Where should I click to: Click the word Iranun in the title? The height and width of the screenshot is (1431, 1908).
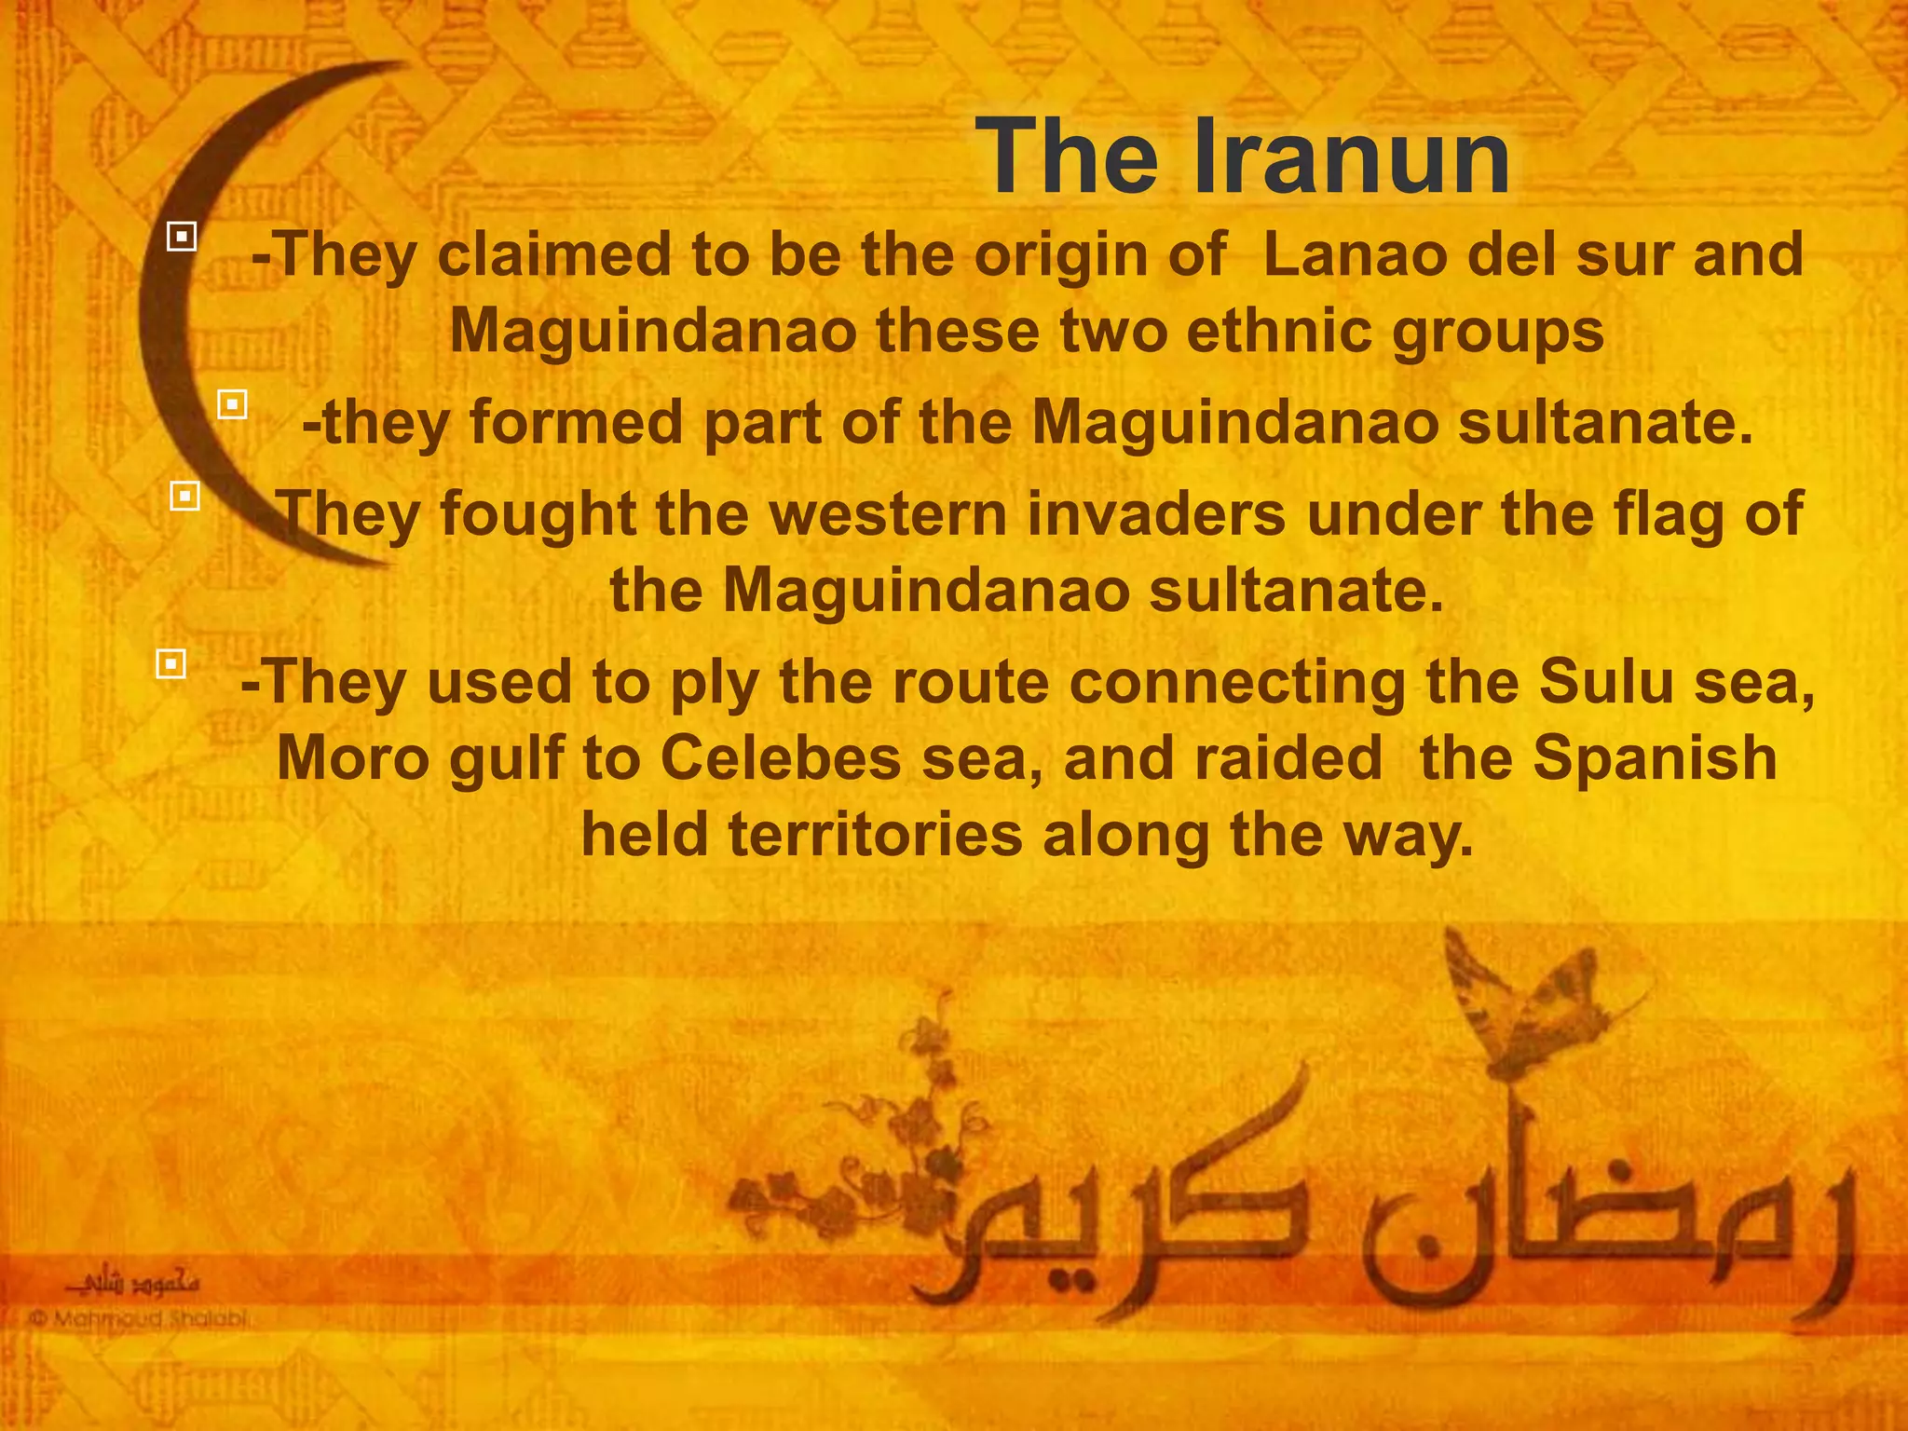1352,157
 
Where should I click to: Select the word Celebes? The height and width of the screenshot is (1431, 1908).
781,758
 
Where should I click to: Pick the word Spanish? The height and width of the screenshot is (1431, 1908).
1655,758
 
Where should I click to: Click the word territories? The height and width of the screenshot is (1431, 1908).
876,834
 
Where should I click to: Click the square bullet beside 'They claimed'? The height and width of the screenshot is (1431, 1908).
182,237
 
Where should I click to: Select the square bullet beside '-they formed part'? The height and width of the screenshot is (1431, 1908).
232,404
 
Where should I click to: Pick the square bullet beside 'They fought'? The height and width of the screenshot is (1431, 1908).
185,496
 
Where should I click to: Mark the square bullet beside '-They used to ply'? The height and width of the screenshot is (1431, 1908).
171,664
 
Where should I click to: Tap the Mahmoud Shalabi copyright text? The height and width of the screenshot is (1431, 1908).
140,1319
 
